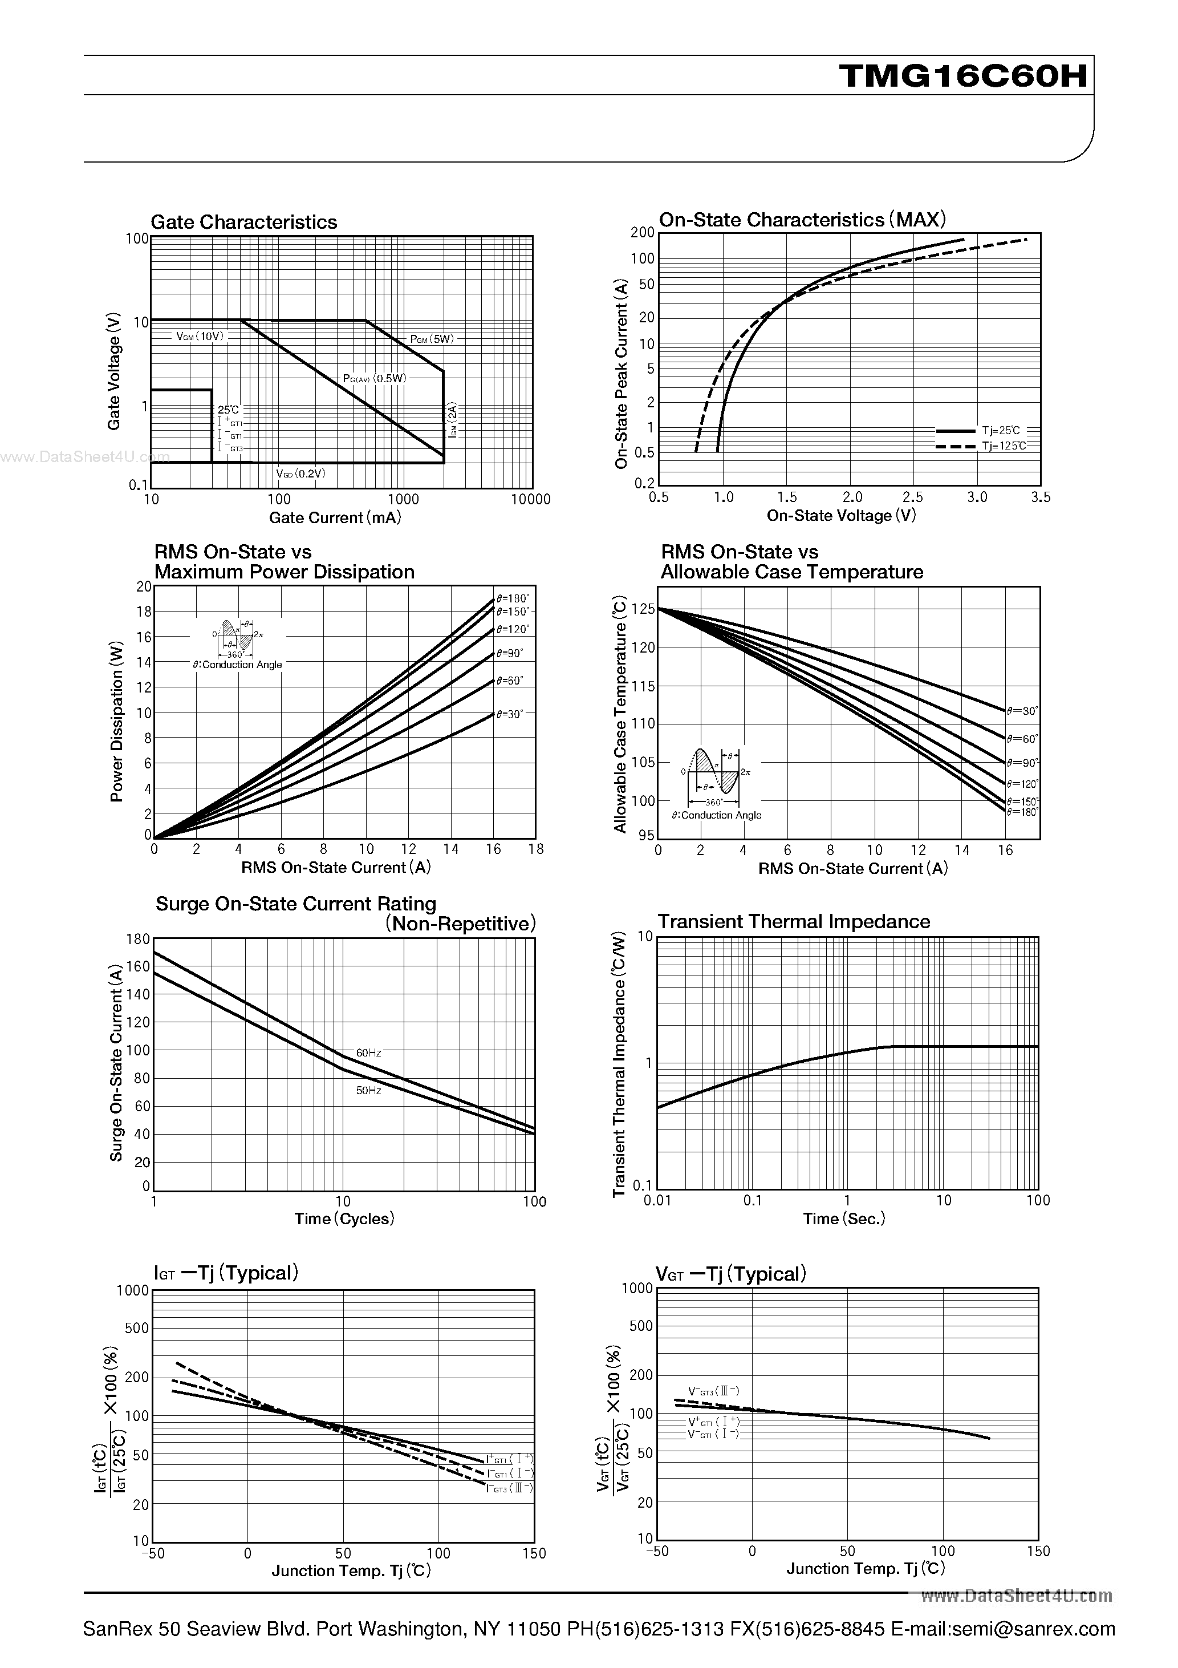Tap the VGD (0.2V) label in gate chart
(x=300, y=473)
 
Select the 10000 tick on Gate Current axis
(x=530, y=500)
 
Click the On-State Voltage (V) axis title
(x=841, y=516)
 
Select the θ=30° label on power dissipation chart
(x=510, y=715)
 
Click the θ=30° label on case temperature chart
(x=1022, y=711)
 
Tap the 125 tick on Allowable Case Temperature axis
(x=643, y=609)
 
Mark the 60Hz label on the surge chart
(x=368, y=1052)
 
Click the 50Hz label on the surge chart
(x=368, y=1091)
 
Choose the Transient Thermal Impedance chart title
(x=793, y=921)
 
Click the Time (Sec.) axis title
(x=844, y=1219)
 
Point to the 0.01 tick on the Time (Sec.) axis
(x=657, y=1201)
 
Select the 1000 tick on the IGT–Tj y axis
(x=133, y=1291)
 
